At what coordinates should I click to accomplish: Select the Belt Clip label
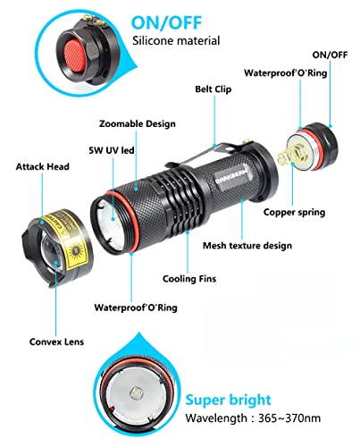coord(214,89)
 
